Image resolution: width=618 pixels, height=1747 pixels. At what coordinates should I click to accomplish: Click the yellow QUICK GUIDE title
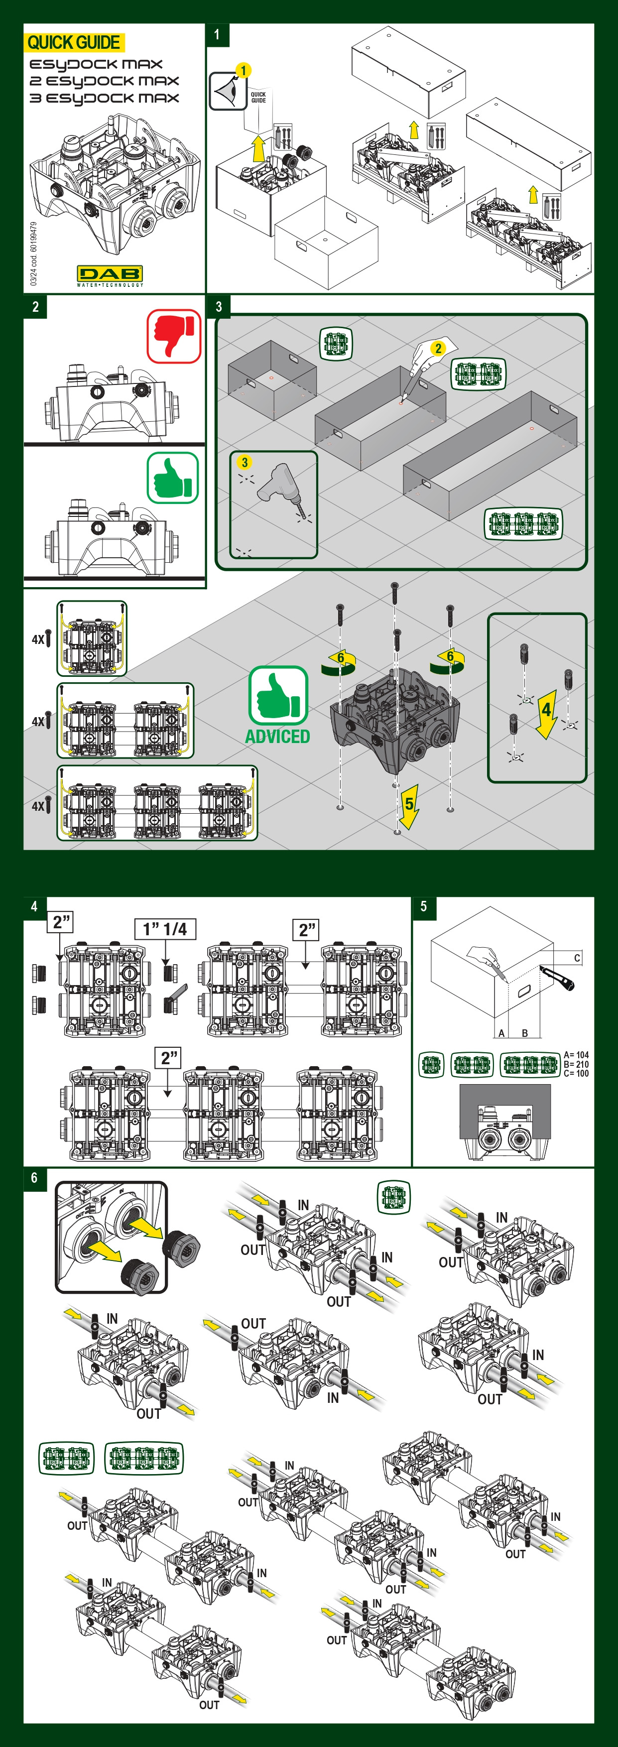point(73,43)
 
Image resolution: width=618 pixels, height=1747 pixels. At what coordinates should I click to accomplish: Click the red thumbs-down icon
point(174,336)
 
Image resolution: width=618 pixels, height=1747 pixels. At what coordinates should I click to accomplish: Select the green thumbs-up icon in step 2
point(173,478)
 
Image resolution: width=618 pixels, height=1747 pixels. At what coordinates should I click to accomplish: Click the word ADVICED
point(277,737)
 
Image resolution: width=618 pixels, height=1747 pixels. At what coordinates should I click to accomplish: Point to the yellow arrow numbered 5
point(408,806)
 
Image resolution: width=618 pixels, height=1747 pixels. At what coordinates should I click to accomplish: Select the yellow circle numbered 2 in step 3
point(438,349)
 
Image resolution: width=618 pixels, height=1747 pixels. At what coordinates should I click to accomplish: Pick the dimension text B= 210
point(576,1064)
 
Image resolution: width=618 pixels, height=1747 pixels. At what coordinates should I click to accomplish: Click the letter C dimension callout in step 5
point(577,958)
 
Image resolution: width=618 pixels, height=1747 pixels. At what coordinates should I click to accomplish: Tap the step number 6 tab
point(34,1178)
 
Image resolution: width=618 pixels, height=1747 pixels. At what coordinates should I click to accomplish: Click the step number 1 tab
point(217,34)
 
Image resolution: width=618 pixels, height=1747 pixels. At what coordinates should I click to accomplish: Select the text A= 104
point(576,1055)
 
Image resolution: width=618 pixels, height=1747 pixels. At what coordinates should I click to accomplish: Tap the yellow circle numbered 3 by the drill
point(244,463)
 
